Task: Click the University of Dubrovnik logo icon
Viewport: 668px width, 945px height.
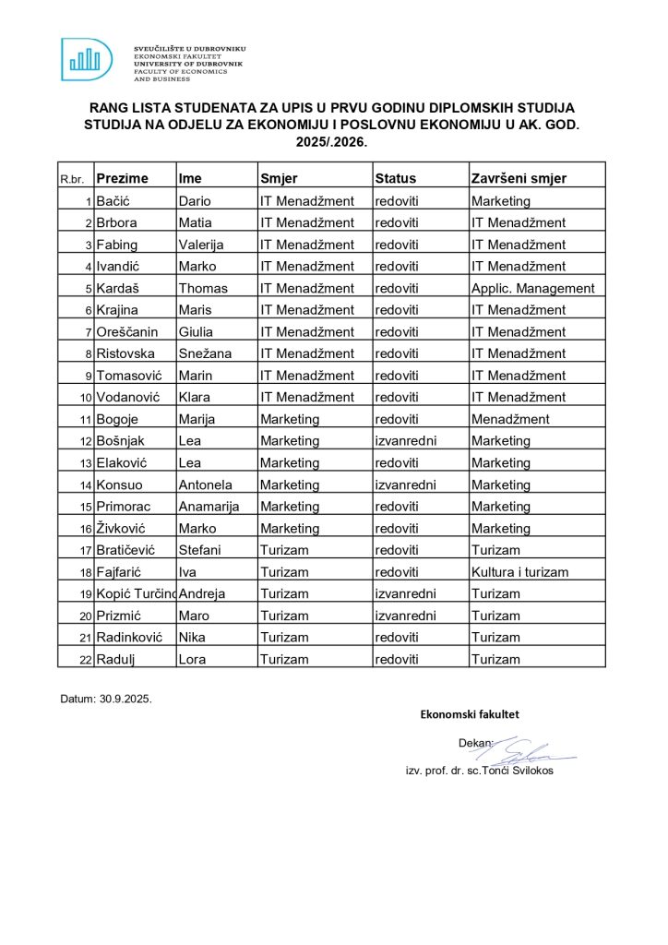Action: click(x=87, y=59)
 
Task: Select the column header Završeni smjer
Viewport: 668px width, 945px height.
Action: click(x=519, y=178)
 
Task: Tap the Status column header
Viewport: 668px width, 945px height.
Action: click(x=395, y=178)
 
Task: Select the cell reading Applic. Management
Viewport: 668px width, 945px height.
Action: click(x=532, y=288)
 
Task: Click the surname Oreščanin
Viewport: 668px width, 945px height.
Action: click(x=128, y=332)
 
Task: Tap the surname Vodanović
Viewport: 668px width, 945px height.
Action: click(x=129, y=397)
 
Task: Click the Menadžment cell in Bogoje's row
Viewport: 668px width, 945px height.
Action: click(x=510, y=419)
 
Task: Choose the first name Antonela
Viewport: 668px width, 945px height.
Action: click(x=205, y=484)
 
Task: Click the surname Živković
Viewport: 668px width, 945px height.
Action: click(x=124, y=528)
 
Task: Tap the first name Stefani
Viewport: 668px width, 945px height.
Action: click(x=199, y=550)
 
